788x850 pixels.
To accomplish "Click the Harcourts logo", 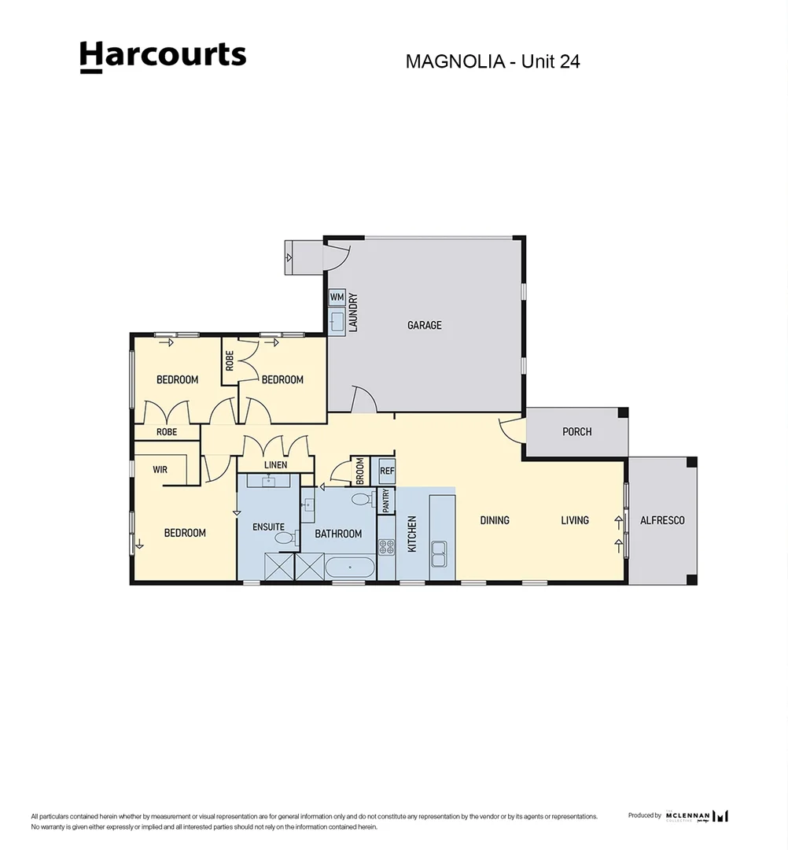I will pyautogui.click(x=163, y=56).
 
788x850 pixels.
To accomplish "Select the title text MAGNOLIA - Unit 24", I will pyautogui.click(x=492, y=61).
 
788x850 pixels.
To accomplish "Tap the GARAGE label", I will pyautogui.click(x=424, y=325).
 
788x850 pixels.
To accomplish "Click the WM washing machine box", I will pyautogui.click(x=337, y=297).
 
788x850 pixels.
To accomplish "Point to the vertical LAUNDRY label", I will pyautogui.click(x=354, y=312).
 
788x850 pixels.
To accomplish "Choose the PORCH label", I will pyautogui.click(x=576, y=432).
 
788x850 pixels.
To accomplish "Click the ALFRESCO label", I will pyautogui.click(x=662, y=520).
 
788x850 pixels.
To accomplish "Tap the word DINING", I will pyautogui.click(x=495, y=520).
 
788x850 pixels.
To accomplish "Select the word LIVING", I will pyautogui.click(x=575, y=520).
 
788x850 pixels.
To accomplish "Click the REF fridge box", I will pyautogui.click(x=386, y=471).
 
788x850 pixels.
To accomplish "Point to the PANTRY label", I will pyautogui.click(x=385, y=501).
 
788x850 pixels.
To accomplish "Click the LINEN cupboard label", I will pyautogui.click(x=275, y=465).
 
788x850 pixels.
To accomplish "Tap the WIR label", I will pyautogui.click(x=160, y=469).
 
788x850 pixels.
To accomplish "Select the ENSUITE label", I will pyautogui.click(x=268, y=527).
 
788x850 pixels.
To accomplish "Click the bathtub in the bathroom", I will pyautogui.click(x=350, y=567).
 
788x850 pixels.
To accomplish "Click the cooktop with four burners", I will pyautogui.click(x=386, y=546).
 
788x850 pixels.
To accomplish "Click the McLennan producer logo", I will pyautogui.click(x=696, y=816).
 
